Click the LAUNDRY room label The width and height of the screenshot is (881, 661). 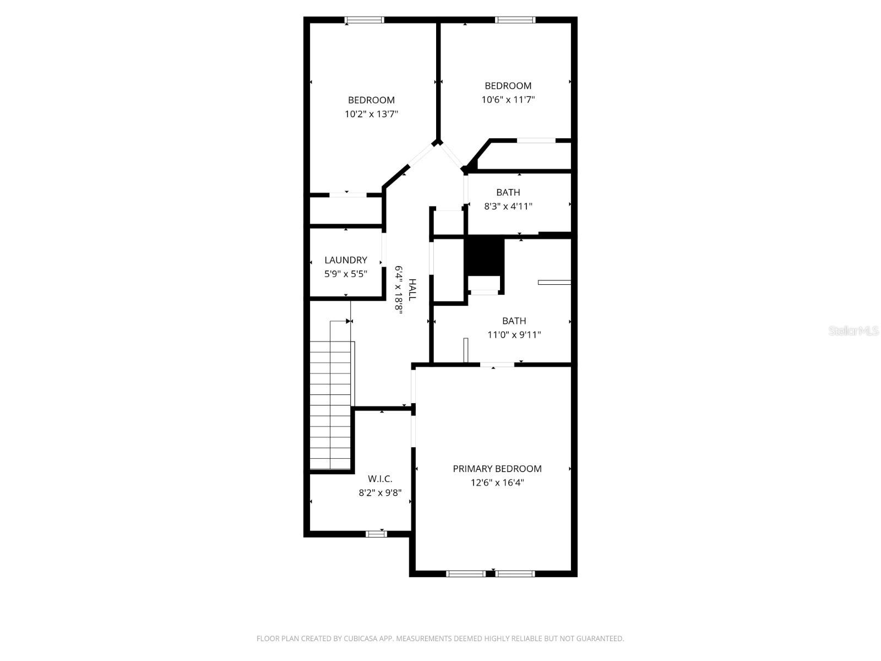click(x=346, y=260)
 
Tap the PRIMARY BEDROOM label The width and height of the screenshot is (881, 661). click(x=497, y=469)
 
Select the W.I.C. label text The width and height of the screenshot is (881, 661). click(x=380, y=479)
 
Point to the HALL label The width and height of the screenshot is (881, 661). click(x=412, y=290)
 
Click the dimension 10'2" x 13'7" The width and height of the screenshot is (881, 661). click(x=371, y=115)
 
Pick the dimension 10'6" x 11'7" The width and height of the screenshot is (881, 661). click(x=508, y=100)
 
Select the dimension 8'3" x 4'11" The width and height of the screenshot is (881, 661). click(x=508, y=207)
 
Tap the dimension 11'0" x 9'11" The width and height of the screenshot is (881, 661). click(x=514, y=335)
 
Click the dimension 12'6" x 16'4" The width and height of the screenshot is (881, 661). click(x=497, y=483)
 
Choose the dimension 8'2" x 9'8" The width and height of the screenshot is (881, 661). click(x=380, y=493)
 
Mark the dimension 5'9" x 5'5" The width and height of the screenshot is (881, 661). click(x=346, y=274)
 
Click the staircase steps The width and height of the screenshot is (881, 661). click(x=330, y=405)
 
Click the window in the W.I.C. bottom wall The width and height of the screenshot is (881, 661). click(x=377, y=534)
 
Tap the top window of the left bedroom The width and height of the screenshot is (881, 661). click(x=364, y=20)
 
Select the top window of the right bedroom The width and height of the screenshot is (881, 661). click(x=515, y=20)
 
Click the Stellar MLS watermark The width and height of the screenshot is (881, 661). click(x=853, y=331)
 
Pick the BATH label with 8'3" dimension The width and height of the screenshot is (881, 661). click(x=508, y=192)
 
